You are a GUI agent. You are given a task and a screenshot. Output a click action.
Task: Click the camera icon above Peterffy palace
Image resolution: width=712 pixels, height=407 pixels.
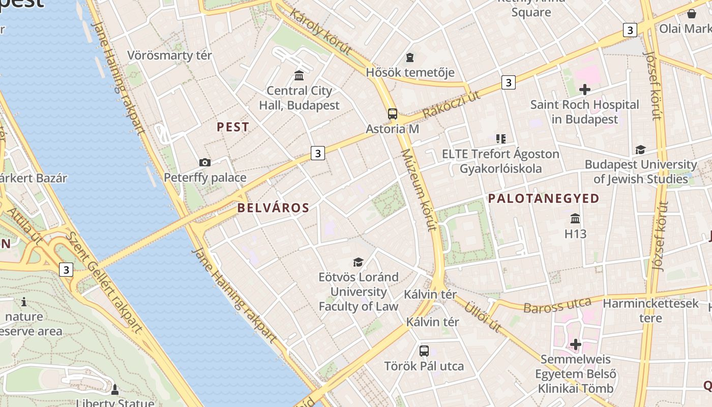pos(205,162)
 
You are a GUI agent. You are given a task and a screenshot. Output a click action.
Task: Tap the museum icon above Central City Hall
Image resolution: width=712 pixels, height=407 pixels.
pos(299,76)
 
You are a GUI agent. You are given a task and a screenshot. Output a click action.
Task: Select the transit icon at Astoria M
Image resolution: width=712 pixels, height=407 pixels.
pos(392,114)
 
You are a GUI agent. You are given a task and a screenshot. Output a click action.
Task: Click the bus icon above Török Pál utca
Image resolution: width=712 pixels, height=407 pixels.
pos(424,351)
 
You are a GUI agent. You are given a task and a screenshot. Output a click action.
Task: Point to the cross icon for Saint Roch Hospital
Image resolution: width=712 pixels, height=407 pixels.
pos(585,90)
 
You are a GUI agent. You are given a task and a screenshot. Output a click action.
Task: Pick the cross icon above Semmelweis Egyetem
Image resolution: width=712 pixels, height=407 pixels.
pos(575,344)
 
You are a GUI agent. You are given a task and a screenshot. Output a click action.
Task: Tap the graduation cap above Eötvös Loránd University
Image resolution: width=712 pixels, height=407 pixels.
pos(359,262)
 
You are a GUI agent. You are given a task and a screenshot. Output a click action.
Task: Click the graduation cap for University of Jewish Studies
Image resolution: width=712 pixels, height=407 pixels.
pos(640,150)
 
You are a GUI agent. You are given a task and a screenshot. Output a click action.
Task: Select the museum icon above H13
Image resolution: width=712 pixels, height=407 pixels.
pos(575,219)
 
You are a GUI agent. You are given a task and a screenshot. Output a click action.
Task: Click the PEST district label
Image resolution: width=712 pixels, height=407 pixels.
pos(233,127)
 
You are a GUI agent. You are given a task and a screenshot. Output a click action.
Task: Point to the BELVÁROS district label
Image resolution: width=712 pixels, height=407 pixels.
pos(273,208)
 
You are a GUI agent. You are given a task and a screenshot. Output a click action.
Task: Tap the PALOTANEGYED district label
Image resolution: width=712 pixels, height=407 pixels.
pos(544,198)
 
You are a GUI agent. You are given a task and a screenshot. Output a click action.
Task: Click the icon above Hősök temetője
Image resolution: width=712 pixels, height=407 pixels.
pos(410,57)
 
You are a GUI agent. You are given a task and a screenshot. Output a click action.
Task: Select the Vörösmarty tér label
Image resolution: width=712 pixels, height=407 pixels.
pos(169,55)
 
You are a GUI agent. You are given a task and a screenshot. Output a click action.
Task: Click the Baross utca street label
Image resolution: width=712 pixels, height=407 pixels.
pos(557,305)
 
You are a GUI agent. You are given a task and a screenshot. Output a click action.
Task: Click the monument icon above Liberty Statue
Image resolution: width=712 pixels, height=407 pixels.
pos(114,390)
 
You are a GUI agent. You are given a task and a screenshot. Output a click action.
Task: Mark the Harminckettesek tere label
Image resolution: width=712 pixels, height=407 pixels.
pos(650,311)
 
